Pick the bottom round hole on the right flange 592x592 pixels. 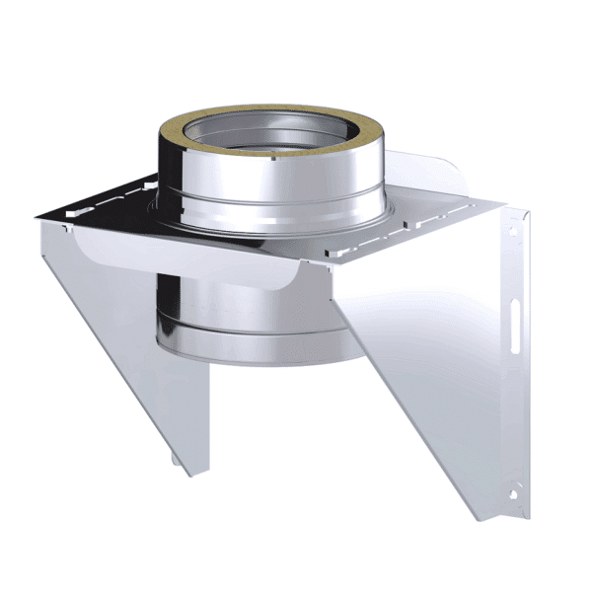pos(514,487)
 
